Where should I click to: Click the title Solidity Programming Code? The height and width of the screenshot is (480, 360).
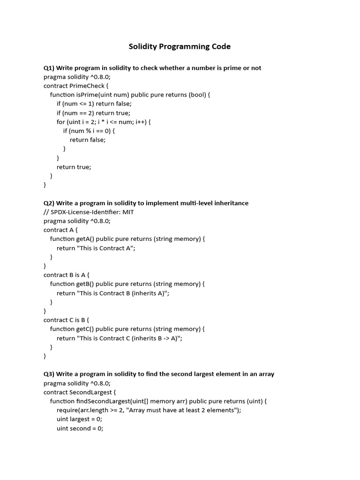point(180,46)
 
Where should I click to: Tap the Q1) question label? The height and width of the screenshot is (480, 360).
point(49,68)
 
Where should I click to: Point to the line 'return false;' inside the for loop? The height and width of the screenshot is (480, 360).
point(88,140)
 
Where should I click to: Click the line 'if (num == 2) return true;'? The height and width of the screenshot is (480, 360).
point(93,113)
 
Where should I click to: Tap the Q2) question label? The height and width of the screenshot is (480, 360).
point(49,203)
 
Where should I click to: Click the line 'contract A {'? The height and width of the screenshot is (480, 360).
point(60,230)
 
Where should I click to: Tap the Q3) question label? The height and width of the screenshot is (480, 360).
point(49,374)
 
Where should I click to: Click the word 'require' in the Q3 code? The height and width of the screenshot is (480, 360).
point(67,410)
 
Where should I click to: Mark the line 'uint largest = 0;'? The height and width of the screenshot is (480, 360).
point(79,420)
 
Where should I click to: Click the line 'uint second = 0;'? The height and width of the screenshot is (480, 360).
point(80,428)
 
